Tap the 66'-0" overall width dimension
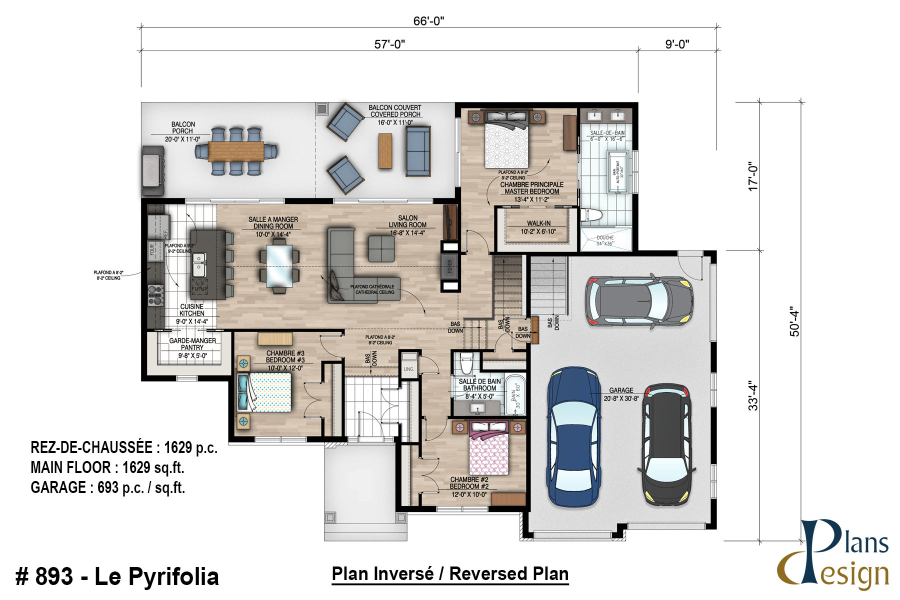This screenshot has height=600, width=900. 428,21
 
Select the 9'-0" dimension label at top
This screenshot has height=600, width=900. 677,44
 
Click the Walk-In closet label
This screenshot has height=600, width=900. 538,227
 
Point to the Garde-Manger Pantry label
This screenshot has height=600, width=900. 192,344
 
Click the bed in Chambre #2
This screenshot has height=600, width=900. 488,448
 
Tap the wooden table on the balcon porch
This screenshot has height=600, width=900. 235,151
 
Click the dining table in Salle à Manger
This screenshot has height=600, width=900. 279,265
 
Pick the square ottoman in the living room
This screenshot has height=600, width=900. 381,248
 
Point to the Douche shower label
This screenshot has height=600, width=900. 605,240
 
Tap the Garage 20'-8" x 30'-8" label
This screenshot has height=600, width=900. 621,394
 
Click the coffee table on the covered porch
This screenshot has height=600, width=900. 385,150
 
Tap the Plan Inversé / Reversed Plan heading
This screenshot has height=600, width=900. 450,574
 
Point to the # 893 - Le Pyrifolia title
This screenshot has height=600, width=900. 117,576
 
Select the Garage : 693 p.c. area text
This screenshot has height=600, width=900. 108,487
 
